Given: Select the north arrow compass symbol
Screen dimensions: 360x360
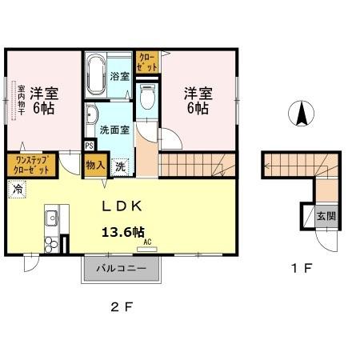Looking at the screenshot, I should pyautogui.click(x=303, y=114).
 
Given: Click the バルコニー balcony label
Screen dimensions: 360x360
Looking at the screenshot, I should pyautogui.click(x=122, y=269).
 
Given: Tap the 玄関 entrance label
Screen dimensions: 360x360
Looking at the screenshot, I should pyautogui.click(x=326, y=215).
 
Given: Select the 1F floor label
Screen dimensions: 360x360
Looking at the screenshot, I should pyautogui.click(x=302, y=270).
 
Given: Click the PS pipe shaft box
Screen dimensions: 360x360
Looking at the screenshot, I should pyautogui.click(x=89, y=146).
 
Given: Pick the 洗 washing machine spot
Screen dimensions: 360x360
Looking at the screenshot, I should pyautogui.click(x=119, y=167).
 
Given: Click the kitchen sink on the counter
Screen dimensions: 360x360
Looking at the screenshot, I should pyautogui.click(x=50, y=217).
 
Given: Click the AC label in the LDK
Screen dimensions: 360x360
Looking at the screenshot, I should pyautogui.click(x=148, y=239).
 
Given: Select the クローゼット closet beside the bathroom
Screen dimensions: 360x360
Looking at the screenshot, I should pyautogui.click(x=148, y=62).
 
